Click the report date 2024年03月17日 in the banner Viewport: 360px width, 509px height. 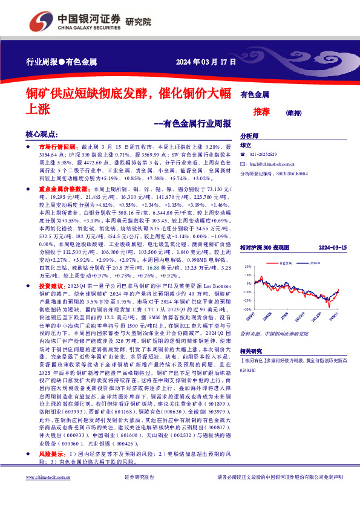tap(200, 62)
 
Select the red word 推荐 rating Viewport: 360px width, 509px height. tap(261, 111)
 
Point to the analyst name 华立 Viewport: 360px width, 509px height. tap(246, 146)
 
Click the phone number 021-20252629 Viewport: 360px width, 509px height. tap(267, 155)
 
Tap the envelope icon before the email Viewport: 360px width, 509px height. tap(243, 164)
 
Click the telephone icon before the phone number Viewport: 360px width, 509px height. tap(243, 155)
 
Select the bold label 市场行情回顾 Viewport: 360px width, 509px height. tap(56, 147)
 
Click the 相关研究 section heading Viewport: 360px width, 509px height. tap(252, 351)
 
